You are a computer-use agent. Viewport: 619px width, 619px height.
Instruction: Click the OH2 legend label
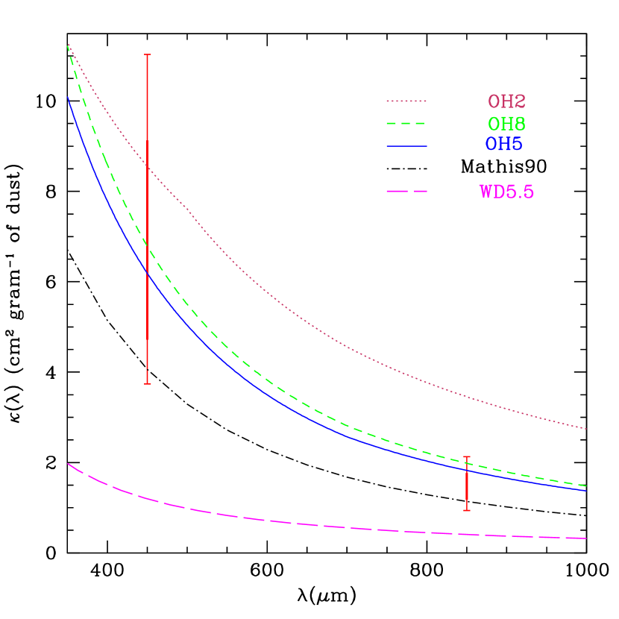(506, 101)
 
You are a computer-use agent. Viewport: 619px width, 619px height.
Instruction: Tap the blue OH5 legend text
(503, 145)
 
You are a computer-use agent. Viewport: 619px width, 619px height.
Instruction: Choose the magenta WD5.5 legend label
(506, 192)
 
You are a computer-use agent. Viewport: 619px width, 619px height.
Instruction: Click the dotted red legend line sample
(406, 101)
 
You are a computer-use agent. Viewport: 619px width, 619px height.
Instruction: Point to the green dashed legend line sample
(406, 123)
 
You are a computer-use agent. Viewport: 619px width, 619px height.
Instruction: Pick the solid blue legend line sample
(406, 146)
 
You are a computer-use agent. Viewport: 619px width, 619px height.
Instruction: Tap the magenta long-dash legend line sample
(406, 192)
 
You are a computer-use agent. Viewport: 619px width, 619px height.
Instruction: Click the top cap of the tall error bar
(148, 54)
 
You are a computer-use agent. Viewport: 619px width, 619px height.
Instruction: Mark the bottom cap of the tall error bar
(148, 383)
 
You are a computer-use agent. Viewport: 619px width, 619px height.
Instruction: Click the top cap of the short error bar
(467, 456)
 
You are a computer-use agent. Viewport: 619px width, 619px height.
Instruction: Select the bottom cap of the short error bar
(467, 510)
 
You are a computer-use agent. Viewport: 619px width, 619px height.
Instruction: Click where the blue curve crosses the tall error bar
(148, 274)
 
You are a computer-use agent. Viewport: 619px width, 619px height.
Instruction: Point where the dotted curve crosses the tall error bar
(148, 167)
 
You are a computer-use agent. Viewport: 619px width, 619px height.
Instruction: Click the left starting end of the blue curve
(68, 97)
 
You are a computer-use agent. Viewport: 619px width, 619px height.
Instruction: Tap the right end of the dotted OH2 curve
(587, 429)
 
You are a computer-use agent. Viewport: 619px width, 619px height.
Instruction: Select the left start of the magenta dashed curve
(68, 463)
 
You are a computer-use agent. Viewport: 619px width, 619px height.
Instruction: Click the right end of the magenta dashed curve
(587, 538)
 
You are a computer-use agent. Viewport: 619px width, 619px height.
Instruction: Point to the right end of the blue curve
(587, 491)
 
